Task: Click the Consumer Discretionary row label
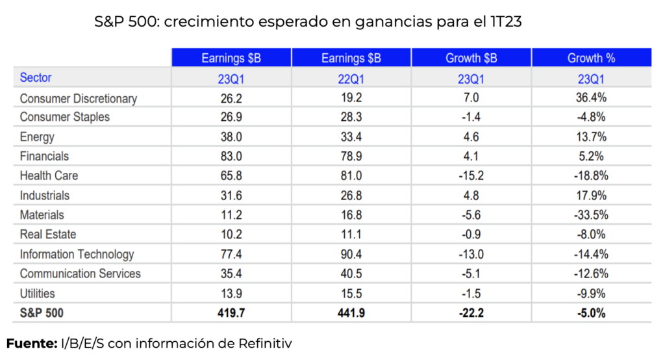tap(78, 99)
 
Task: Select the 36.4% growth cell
tap(591, 99)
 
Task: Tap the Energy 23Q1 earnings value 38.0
tap(231, 137)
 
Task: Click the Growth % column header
tap(591, 58)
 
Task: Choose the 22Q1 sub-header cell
tap(351, 78)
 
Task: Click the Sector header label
tap(36, 78)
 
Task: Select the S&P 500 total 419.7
tap(231, 313)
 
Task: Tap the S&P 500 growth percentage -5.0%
tap(591, 313)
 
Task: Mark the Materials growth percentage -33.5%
tap(591, 214)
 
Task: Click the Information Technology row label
tap(77, 254)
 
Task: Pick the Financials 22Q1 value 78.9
tap(351, 156)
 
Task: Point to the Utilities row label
tap(38, 293)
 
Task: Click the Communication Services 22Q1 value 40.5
tap(351, 274)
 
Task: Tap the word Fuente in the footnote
tap(32, 342)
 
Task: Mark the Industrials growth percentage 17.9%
tap(591, 195)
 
